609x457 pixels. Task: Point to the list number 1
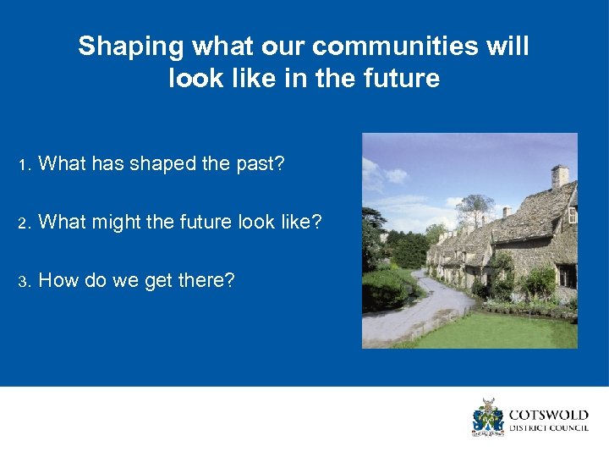(25, 164)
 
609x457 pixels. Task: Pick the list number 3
(25, 281)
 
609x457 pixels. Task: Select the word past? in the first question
(260, 164)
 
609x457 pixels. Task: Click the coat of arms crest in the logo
(487, 417)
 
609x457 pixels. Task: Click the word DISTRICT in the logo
(526, 428)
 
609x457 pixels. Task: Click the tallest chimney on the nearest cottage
(559, 176)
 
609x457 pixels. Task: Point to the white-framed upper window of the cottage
(572, 215)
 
